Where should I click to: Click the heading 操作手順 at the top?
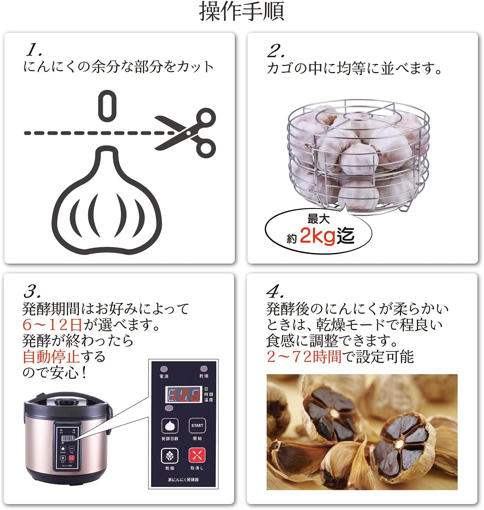click(x=242, y=12)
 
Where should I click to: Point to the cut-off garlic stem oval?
click(x=107, y=106)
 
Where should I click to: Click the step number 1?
click(x=34, y=51)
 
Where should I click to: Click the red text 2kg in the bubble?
click(x=317, y=236)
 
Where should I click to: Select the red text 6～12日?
click(x=52, y=324)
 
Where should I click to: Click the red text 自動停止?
click(x=51, y=357)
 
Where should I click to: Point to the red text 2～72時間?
click(x=304, y=357)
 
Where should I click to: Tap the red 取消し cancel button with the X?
click(x=197, y=456)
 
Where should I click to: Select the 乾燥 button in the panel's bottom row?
click(x=170, y=456)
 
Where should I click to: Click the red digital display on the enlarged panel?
click(x=183, y=395)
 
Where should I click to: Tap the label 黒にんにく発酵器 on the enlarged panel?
click(x=183, y=480)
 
